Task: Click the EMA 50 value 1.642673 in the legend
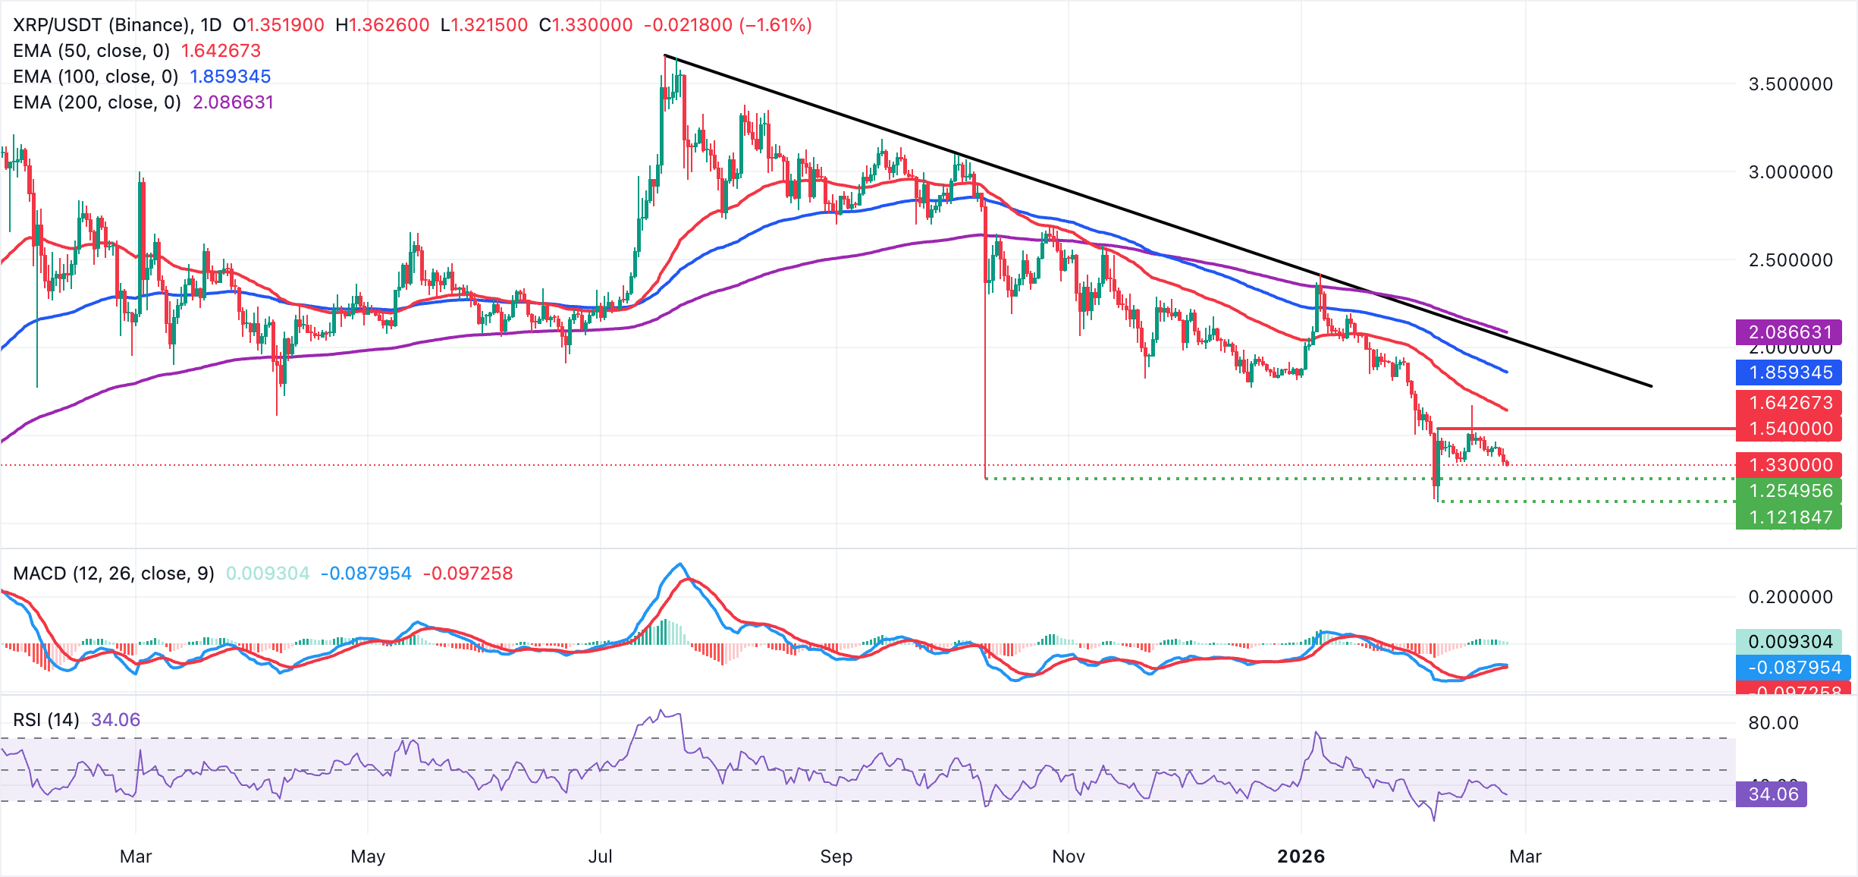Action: (x=221, y=51)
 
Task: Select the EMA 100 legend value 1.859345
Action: (x=230, y=77)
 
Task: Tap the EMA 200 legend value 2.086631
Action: (x=233, y=102)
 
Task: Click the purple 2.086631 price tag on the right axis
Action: (x=1789, y=332)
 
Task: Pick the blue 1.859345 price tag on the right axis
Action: (x=1789, y=372)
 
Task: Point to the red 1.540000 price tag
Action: (x=1789, y=429)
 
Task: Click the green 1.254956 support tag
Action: (x=1789, y=491)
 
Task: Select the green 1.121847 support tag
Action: (x=1789, y=517)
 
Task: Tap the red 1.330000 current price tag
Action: (x=1789, y=465)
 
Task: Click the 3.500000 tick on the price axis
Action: (x=1791, y=84)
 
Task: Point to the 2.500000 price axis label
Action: (x=1791, y=260)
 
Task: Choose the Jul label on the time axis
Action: (x=600, y=857)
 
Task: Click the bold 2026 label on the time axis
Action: (x=1301, y=857)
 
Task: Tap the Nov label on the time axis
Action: (x=1068, y=857)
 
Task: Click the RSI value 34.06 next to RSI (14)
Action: (x=115, y=720)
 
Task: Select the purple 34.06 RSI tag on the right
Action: (x=1772, y=794)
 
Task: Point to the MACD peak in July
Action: (x=680, y=564)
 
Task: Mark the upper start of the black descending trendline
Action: (x=665, y=55)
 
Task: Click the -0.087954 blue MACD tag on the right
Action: (x=1794, y=668)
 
